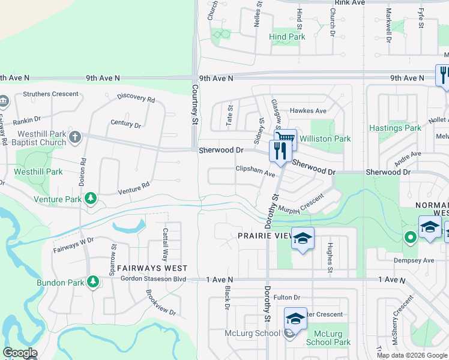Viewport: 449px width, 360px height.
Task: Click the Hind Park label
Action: (x=287, y=37)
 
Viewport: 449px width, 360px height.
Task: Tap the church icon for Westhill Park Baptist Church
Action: (x=74, y=137)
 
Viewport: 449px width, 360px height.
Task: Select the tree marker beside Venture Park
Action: (x=91, y=198)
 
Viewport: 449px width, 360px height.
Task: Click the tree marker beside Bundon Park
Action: (x=92, y=281)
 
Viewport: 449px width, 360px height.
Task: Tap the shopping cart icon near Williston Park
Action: (x=287, y=139)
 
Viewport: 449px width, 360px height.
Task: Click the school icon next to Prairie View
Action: (x=303, y=239)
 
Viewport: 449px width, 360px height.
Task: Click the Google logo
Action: (x=20, y=353)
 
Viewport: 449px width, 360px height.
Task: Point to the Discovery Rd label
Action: (x=136, y=98)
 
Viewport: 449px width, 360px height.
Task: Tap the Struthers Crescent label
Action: (x=50, y=94)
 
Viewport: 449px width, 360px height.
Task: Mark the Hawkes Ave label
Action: (x=308, y=111)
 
